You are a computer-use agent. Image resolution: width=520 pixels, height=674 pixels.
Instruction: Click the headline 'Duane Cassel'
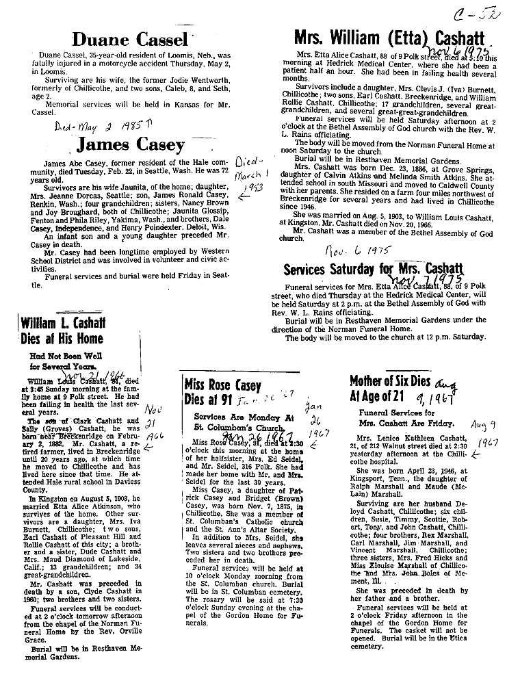point(140,39)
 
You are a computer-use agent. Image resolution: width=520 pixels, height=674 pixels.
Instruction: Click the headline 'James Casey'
point(131,145)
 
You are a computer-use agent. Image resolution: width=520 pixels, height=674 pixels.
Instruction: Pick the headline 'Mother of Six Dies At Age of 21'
point(391,389)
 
